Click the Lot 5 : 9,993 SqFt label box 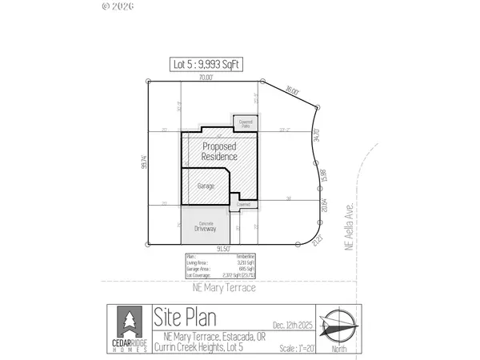(208, 64)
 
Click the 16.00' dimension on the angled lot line (292, 92)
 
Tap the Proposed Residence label (219, 151)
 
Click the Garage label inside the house (206, 186)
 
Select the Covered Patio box (246, 122)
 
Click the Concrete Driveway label (206, 226)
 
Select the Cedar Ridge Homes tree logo (128, 322)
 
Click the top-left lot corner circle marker (149, 80)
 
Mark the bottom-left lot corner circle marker (149, 244)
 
